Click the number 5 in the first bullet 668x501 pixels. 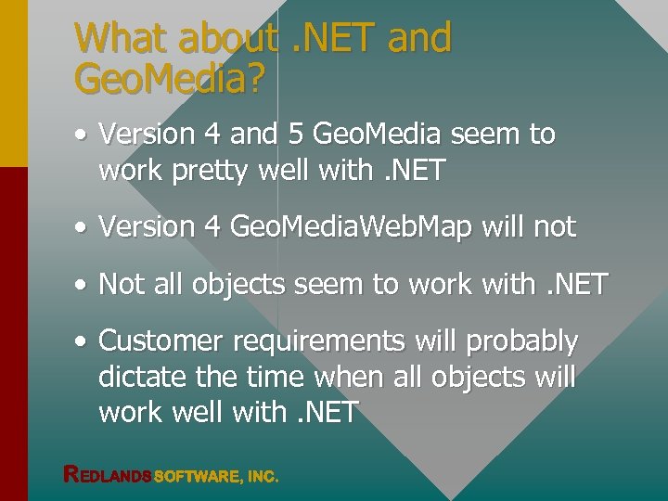[x=295, y=135]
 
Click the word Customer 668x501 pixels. [x=160, y=341]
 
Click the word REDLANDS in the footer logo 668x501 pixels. [x=108, y=475]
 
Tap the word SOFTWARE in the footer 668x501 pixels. [x=195, y=476]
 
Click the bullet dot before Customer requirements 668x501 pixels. [x=82, y=342]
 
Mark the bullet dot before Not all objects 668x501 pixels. [x=82, y=285]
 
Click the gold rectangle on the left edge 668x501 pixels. [x=13, y=83]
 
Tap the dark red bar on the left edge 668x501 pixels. [x=13, y=334]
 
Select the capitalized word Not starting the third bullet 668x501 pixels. [x=119, y=284]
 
